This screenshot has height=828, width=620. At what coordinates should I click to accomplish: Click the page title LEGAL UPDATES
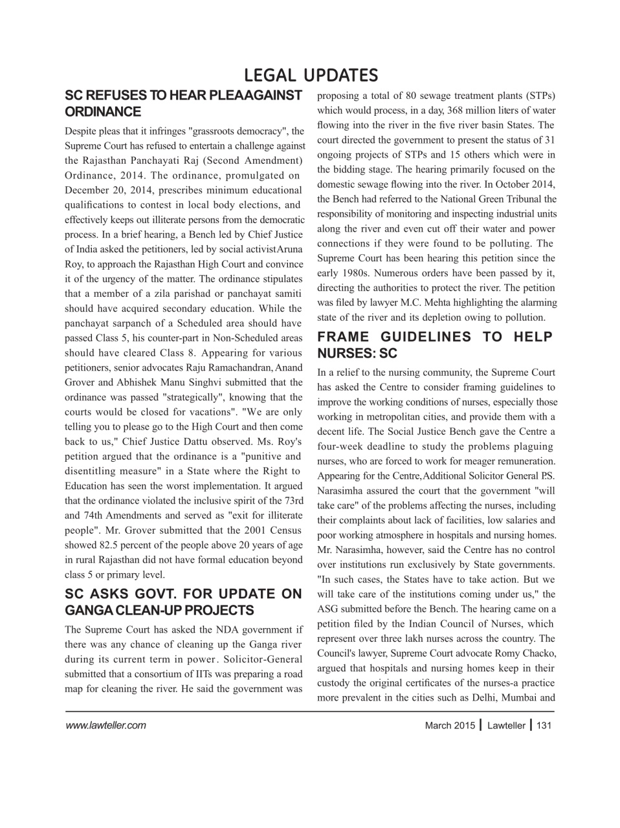coord(310,75)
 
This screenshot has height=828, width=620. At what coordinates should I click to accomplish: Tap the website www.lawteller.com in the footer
coord(105,725)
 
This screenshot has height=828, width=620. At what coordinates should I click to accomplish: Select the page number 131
coord(544,725)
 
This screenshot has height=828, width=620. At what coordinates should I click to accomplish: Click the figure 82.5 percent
coord(103,545)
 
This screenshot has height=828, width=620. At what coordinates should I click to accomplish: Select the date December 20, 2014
coord(107,190)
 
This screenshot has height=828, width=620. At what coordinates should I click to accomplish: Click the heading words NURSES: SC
coord(357,354)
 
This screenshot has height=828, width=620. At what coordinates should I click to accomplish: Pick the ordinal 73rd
coord(293,501)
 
